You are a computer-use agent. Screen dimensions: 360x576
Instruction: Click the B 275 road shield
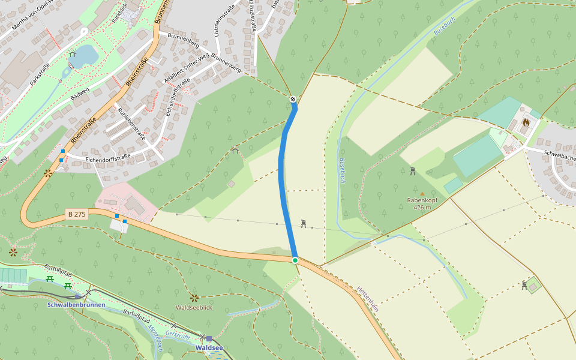77,214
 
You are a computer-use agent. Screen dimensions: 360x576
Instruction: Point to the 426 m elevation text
422,208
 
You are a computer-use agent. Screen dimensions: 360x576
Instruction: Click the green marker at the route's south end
295,260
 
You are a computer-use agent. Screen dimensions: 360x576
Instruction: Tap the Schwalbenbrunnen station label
76,305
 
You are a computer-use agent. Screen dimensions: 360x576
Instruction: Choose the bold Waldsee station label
208,347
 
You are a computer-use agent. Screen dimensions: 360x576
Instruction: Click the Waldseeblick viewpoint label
194,307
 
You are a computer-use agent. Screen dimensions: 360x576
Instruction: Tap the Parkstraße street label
39,74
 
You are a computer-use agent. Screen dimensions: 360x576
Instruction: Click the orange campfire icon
526,122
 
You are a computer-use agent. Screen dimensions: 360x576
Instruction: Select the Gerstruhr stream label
178,334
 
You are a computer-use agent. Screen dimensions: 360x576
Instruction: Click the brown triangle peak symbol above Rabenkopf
422,193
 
